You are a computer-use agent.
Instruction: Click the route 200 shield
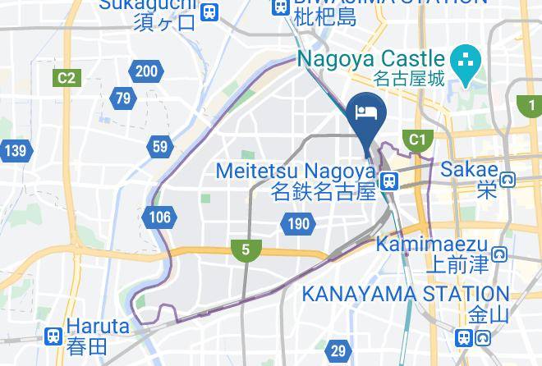(x=146, y=72)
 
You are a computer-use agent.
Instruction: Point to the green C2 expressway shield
(x=66, y=79)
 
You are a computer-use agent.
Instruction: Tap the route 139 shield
(x=14, y=151)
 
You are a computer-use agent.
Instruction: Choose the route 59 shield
(x=159, y=148)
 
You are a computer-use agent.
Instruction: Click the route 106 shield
(x=160, y=217)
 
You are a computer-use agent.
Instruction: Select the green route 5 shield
(x=246, y=250)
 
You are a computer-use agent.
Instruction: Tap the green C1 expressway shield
(x=418, y=140)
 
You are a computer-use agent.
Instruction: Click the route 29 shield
(x=338, y=351)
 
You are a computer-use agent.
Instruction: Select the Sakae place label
(x=469, y=170)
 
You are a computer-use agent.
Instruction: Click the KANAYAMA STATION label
(x=406, y=293)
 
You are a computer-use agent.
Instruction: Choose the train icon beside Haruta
(x=54, y=335)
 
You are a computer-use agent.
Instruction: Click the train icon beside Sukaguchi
(x=209, y=11)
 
